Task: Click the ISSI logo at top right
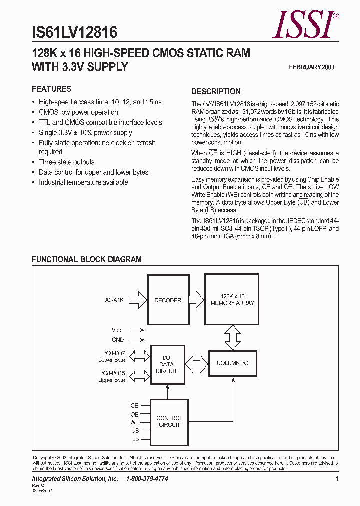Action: [x=305, y=25]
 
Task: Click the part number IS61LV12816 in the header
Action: [x=74, y=32]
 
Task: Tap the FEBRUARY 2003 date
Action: [x=312, y=67]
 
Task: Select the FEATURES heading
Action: [x=51, y=89]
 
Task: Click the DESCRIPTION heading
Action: [x=216, y=91]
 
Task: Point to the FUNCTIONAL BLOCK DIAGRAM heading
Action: [x=87, y=259]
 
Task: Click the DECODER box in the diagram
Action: [x=167, y=300]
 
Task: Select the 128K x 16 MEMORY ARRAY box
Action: [x=232, y=300]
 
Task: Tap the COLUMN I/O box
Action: [x=232, y=363]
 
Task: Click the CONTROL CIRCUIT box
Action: [x=169, y=421]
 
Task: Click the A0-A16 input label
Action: [x=114, y=300]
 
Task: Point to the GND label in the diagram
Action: [x=118, y=339]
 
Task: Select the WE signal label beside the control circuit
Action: [x=134, y=422]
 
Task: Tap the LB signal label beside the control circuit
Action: [x=135, y=439]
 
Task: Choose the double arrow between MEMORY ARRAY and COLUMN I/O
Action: [x=232, y=338]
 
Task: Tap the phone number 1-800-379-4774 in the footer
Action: [x=144, y=479]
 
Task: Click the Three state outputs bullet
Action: [x=67, y=162]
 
